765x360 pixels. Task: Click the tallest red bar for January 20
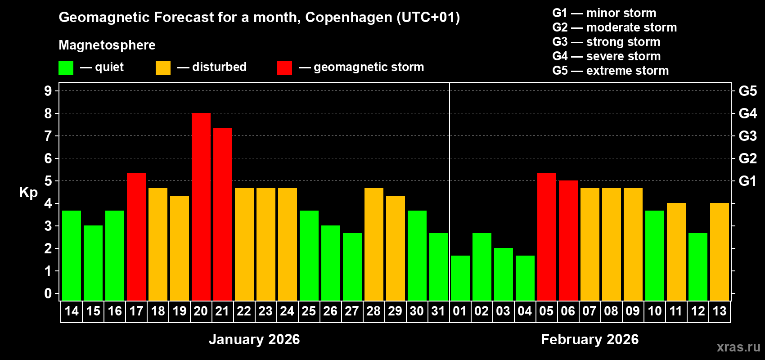201,207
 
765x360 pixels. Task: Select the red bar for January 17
136,237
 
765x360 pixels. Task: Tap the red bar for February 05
547,237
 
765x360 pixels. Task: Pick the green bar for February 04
525,278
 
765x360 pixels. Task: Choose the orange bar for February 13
720,252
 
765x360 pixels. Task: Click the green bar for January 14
72,256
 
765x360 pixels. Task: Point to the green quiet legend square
66,68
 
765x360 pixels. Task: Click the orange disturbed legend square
163,68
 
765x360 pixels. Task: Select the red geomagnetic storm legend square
284,68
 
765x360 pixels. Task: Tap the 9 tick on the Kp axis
48,91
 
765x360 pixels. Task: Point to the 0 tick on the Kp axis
48,293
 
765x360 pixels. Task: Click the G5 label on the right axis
747,91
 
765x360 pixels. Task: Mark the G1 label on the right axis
747,181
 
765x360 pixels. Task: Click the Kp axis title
28,193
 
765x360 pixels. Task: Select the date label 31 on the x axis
438,311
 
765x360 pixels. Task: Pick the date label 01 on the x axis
460,311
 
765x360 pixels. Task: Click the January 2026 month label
254,339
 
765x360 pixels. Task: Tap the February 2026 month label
589,339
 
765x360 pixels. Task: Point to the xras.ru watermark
738,347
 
